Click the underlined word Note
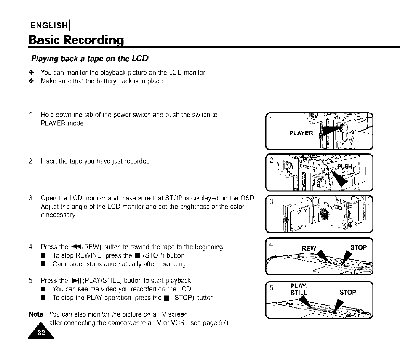[36, 314]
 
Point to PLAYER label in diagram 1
[301, 133]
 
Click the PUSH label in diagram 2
[344, 166]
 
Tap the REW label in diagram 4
[309, 248]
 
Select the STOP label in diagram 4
[358, 247]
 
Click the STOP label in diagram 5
[348, 292]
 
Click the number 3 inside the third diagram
[272, 202]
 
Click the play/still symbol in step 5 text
[76, 280]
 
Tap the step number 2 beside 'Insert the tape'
[31, 161]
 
